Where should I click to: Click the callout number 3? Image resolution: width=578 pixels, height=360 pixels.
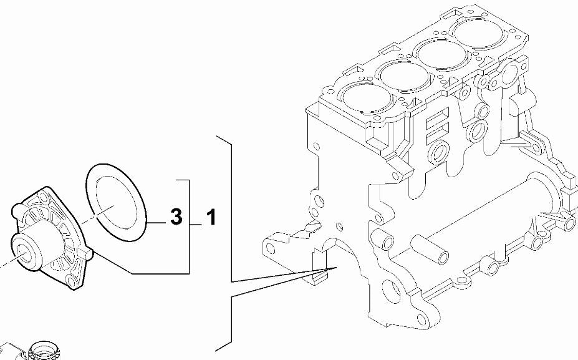pyautogui.click(x=176, y=216)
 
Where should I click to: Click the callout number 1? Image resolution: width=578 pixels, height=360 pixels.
pyautogui.click(x=211, y=216)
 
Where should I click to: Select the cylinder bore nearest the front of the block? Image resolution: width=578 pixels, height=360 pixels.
pyautogui.click(x=367, y=98)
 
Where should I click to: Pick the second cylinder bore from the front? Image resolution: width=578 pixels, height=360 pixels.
pyautogui.click(x=405, y=75)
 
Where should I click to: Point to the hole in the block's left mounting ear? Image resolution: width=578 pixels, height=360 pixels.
pyautogui.click(x=270, y=249)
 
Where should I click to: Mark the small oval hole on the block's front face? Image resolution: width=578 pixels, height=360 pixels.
pyautogui.click(x=340, y=226)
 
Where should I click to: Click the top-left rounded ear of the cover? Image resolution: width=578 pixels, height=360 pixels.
pyautogui.click(x=17, y=210)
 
